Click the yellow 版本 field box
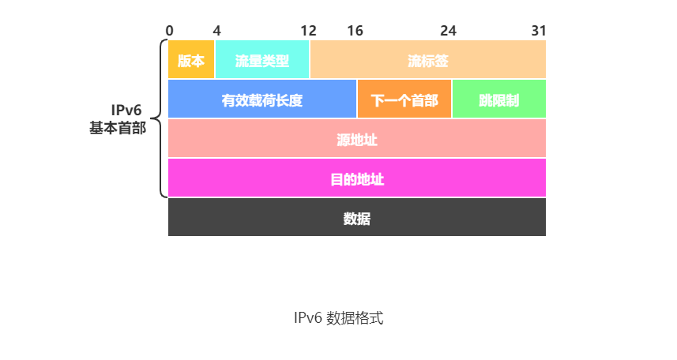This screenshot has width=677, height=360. [x=191, y=60]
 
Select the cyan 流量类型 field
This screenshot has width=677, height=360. [x=262, y=60]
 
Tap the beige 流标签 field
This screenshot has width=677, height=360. [x=427, y=60]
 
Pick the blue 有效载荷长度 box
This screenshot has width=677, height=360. [x=262, y=99]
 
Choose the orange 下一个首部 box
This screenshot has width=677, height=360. [x=404, y=99]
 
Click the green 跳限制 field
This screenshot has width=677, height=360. [x=498, y=99]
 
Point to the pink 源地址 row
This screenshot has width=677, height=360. [x=357, y=139]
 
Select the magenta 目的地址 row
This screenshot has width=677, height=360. [x=357, y=178]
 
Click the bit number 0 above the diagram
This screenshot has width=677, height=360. [x=170, y=31]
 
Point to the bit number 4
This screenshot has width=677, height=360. [x=217, y=31]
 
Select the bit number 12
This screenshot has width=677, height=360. [x=308, y=31]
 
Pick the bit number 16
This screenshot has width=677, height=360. [x=355, y=31]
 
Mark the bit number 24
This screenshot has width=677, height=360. [x=448, y=31]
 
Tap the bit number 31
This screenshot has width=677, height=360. [x=538, y=31]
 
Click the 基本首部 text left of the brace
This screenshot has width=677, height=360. [x=118, y=128]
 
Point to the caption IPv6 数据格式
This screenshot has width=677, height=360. [x=338, y=319]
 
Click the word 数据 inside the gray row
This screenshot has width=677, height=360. [x=357, y=219]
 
